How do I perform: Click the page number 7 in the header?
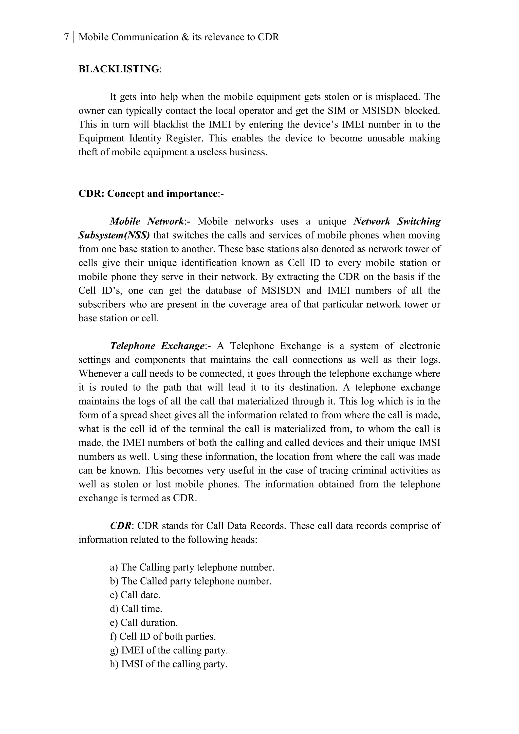point(66,38)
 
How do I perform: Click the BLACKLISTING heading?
point(119,69)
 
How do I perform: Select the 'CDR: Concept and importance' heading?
point(148,194)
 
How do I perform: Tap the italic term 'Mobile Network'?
point(147,222)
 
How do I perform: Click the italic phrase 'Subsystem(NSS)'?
point(114,235)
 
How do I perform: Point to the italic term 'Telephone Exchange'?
point(157,346)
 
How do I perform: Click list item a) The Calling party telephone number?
point(192,567)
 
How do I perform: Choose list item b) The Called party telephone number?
point(191,581)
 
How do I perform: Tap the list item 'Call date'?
point(135,595)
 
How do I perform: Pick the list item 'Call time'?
point(136,609)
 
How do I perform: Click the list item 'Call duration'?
point(144,623)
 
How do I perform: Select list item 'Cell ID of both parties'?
point(163,636)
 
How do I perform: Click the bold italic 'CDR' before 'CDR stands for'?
point(120,526)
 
